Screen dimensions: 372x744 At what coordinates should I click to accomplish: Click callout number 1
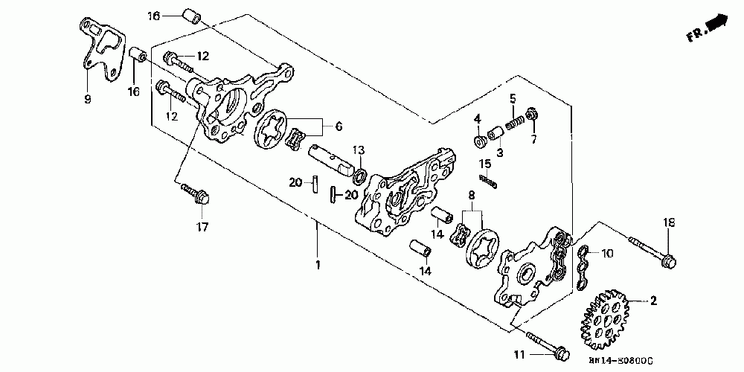tap(318, 265)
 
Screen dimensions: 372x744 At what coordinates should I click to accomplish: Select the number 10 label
tap(608, 254)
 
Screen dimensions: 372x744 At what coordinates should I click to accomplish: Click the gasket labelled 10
tap(584, 260)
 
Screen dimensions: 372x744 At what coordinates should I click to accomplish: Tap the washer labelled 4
tap(479, 141)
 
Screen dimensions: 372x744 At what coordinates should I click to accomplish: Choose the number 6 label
tap(339, 127)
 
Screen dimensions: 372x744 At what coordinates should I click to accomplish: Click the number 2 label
tap(653, 301)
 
